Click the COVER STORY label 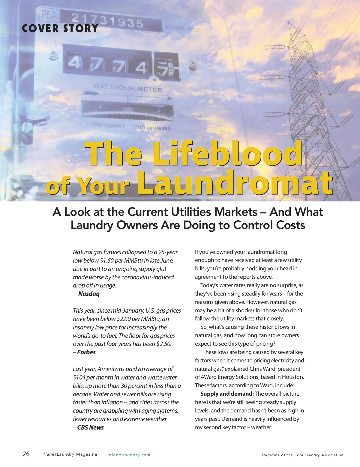(x=60, y=28)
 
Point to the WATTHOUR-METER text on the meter (x=127, y=88)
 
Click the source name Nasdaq (x=89, y=294)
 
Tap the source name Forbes (x=86, y=352)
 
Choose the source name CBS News (x=90, y=427)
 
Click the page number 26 (x=26, y=454)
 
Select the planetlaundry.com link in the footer (x=129, y=455)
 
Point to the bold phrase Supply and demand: (x=227, y=394)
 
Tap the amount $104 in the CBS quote (x=79, y=377)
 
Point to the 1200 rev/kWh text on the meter (x=151, y=128)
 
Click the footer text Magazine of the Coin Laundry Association (x=302, y=455)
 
